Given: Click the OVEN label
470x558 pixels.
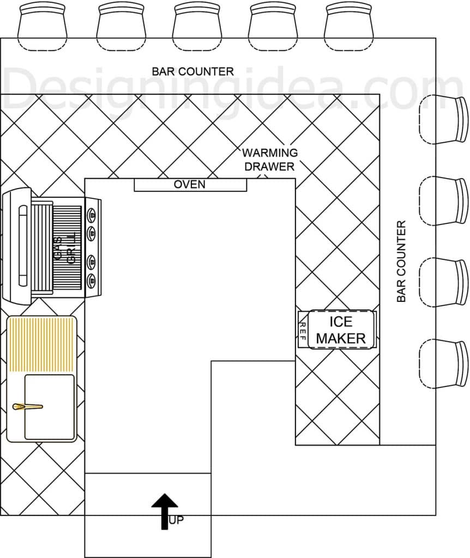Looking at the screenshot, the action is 189,184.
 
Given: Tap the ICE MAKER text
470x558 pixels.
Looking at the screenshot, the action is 341,330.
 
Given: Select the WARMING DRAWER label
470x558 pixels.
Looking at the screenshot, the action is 270,160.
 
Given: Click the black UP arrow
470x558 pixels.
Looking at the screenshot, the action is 165,511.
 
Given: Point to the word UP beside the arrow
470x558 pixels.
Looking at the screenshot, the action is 176,520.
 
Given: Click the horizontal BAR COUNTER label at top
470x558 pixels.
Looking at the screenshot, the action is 192,71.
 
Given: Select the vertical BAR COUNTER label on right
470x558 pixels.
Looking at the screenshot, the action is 401,262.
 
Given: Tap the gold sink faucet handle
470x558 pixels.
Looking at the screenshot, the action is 28,407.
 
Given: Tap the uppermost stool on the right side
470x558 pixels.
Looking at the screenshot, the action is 443,119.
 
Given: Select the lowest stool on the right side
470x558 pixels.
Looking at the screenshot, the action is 443,363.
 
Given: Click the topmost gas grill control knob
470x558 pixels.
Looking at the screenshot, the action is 92,215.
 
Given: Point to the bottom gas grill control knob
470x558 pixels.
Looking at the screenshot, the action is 92,281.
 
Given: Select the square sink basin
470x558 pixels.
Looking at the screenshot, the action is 50,407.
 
